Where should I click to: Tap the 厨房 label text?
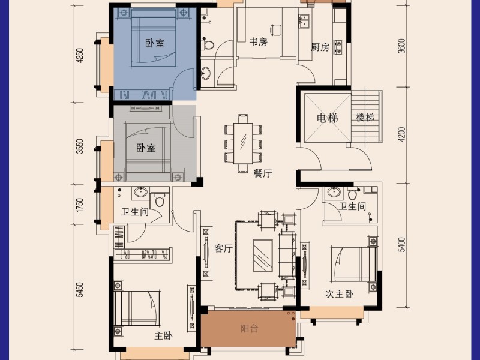[320, 47]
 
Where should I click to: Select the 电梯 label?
[328, 118]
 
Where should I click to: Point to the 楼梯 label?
[365, 118]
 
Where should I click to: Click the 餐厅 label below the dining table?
[263, 173]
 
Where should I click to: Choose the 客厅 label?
[223, 249]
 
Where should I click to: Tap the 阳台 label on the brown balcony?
[250, 328]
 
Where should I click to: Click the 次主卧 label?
[340, 294]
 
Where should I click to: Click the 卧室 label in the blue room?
[155, 43]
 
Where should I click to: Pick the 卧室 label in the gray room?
[146, 148]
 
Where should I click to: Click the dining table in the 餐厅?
[244, 142]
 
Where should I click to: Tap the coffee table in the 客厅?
[262, 256]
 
